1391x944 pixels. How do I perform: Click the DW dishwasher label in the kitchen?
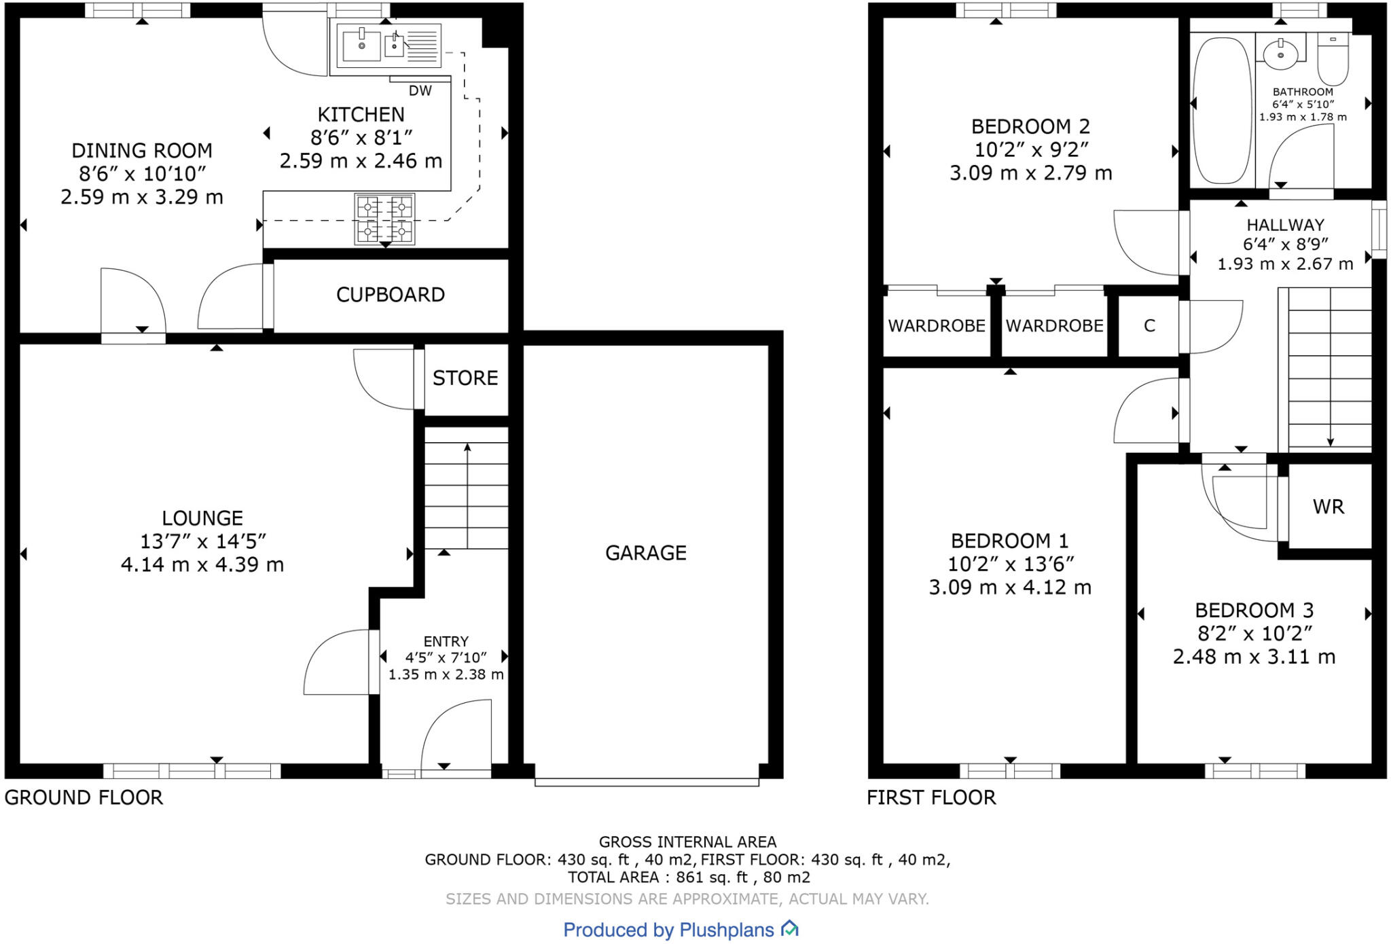(420, 90)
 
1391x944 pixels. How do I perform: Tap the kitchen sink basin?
(361, 46)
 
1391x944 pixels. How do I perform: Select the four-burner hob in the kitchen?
(384, 219)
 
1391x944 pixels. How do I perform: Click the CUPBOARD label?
(391, 295)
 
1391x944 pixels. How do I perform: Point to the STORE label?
(465, 378)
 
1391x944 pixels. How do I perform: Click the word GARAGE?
(645, 553)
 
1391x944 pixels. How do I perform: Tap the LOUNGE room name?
(202, 518)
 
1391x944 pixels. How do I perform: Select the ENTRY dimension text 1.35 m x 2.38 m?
(446, 674)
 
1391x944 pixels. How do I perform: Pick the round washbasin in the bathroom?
(1280, 53)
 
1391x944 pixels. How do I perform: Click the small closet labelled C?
(1149, 326)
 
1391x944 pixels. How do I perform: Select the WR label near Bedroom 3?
(1328, 507)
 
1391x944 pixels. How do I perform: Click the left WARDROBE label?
(937, 326)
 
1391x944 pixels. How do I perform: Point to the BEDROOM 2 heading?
(1030, 126)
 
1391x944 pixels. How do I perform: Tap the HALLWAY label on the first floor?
(1285, 225)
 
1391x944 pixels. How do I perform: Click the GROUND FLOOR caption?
(84, 797)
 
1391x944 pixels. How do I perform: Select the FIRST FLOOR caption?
(931, 797)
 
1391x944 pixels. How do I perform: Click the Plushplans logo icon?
(789, 928)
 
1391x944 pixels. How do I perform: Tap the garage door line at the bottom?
(647, 783)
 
